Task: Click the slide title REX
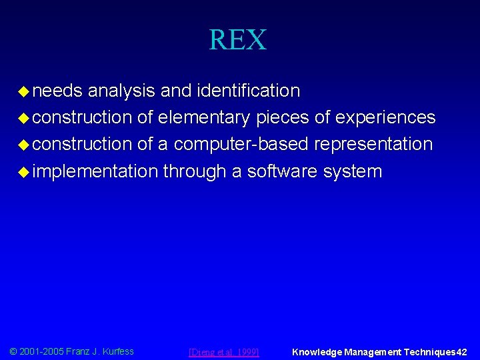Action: (x=238, y=40)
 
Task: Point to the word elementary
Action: (x=203, y=117)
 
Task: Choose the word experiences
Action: (x=385, y=117)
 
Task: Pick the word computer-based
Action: (x=241, y=145)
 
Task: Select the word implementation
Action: (x=94, y=172)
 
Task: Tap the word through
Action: (x=194, y=172)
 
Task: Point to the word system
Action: (x=353, y=172)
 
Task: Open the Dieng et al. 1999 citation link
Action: (x=224, y=352)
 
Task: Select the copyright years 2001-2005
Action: (x=41, y=351)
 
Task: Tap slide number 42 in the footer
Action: (x=462, y=352)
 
